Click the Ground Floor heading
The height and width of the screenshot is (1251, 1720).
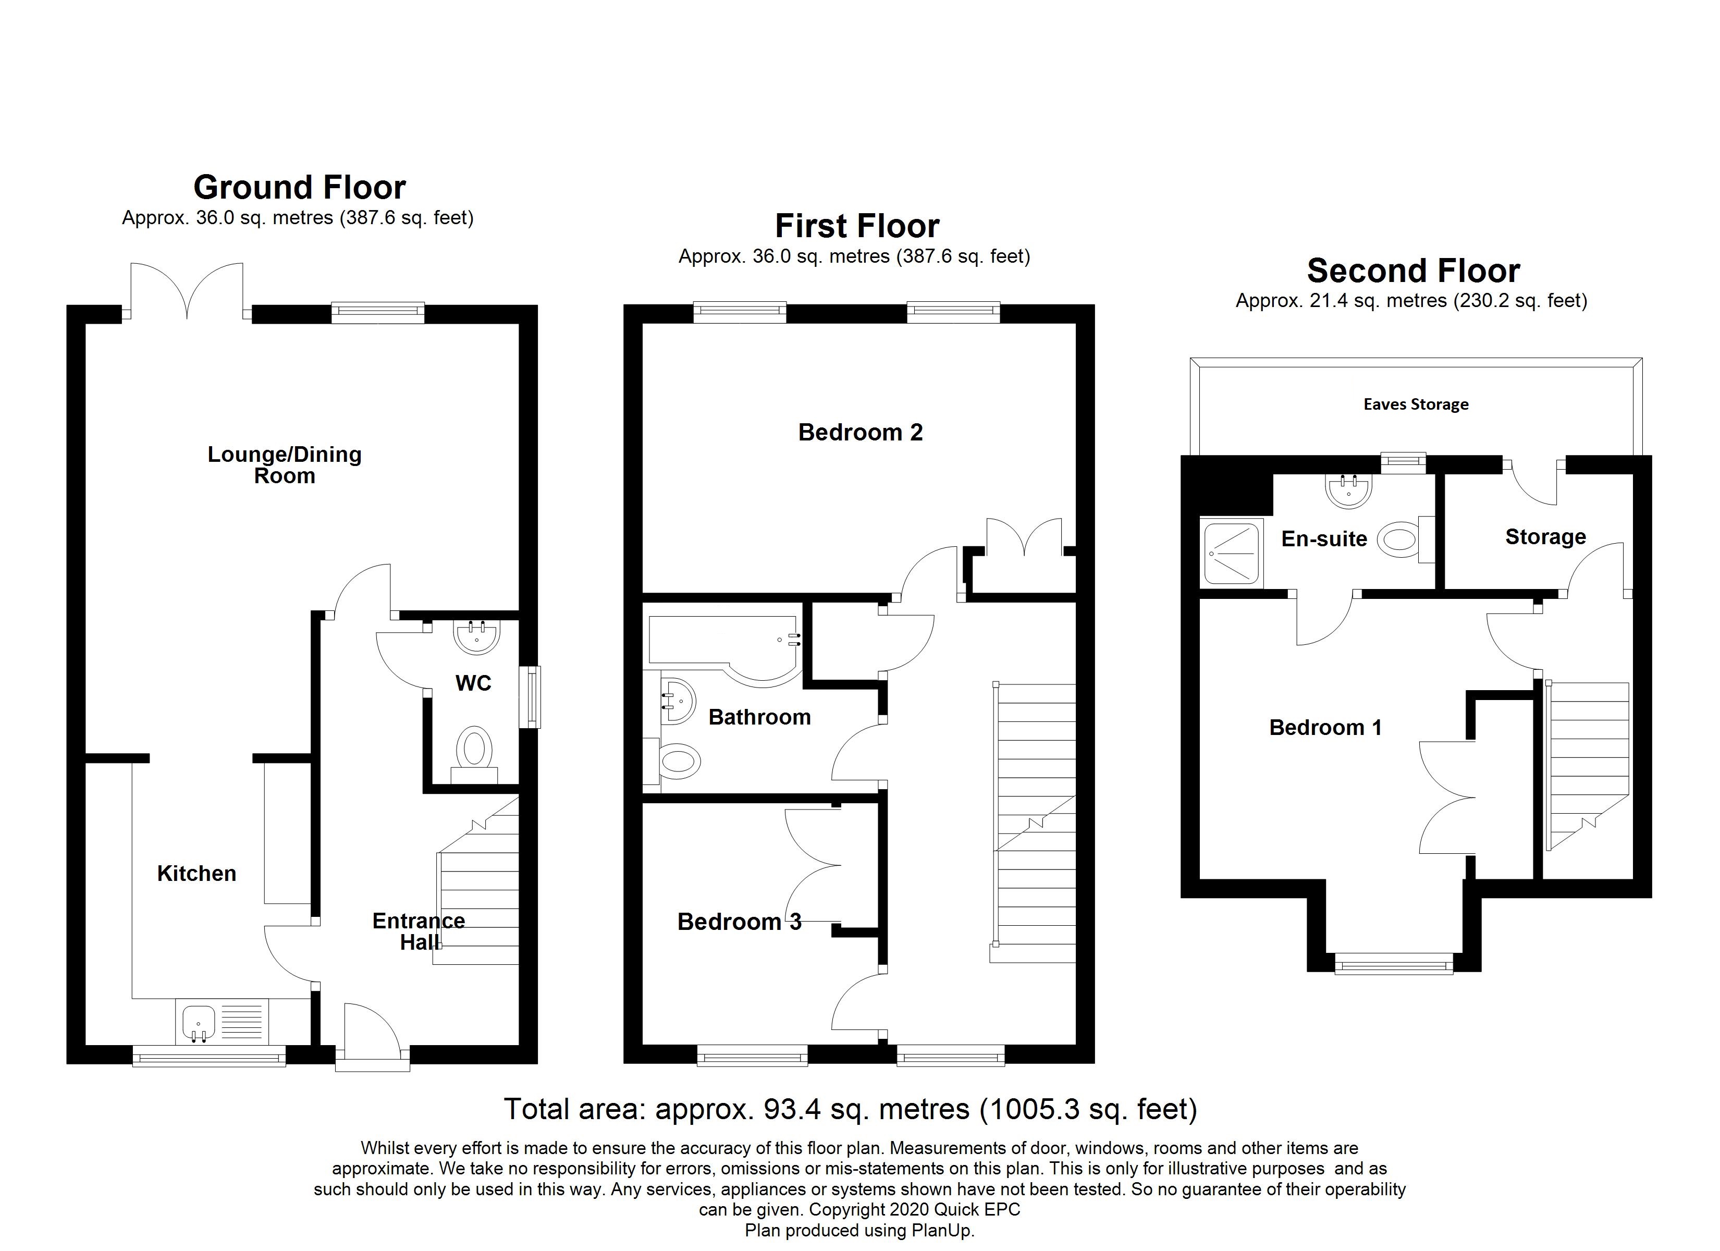300,187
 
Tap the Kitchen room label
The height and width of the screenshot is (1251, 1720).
196,873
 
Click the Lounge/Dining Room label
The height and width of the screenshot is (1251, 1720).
285,464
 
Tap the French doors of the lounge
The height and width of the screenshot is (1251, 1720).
187,292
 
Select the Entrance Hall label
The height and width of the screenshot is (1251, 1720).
419,931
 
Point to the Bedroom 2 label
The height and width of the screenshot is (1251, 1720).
860,433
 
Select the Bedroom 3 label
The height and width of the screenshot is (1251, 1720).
739,922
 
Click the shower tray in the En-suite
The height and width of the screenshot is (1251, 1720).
1232,553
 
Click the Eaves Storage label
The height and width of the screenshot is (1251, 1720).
1415,404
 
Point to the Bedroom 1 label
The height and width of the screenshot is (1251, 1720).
1325,728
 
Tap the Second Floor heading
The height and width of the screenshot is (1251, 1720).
1413,271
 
